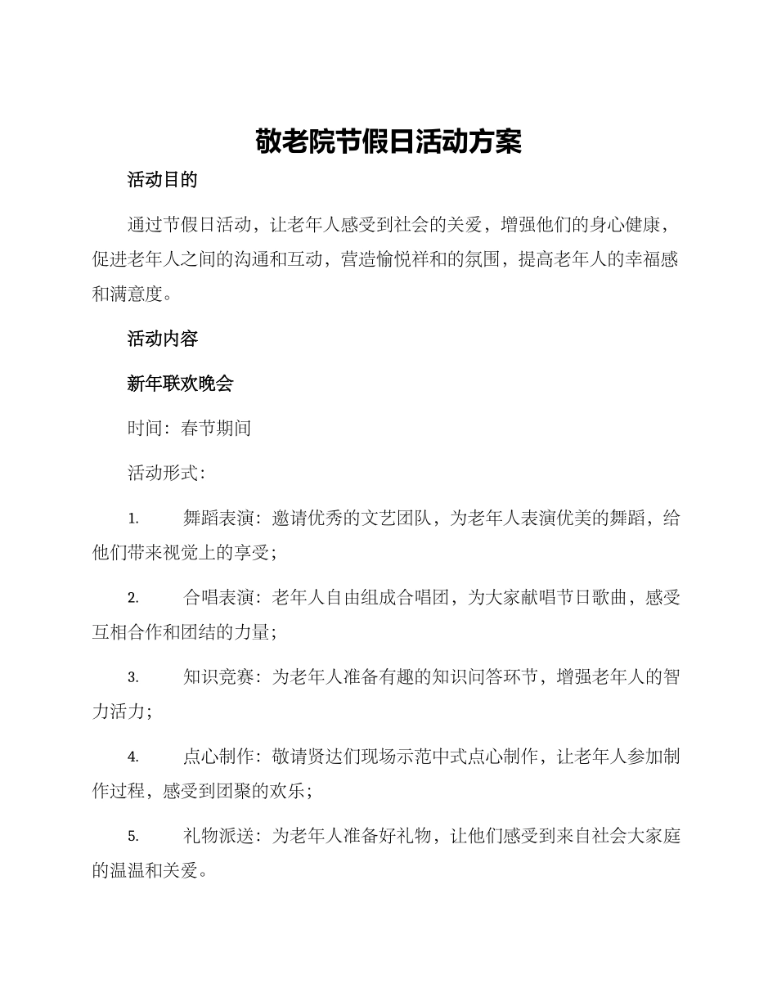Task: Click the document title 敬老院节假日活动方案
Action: pos(388,141)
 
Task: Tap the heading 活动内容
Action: pos(162,339)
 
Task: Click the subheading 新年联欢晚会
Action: pos(180,384)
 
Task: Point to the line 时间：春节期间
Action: pos(189,428)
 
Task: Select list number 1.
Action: pos(133,519)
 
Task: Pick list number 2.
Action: pos(133,598)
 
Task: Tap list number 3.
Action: pos(133,677)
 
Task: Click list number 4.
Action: pos(133,757)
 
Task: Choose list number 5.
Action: pos(133,836)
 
